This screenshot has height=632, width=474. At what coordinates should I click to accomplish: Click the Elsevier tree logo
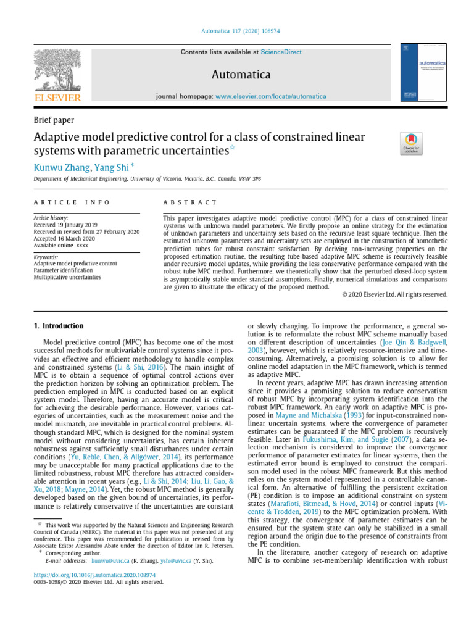pyautogui.click(x=57, y=71)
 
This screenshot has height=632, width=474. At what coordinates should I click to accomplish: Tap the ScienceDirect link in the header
pyautogui.click(x=281, y=52)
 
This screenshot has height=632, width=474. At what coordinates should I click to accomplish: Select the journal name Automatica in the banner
pyautogui.click(x=241, y=75)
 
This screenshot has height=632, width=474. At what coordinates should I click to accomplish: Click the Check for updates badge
pyautogui.click(x=412, y=143)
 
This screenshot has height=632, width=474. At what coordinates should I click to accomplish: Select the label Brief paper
pyautogui.click(x=55, y=119)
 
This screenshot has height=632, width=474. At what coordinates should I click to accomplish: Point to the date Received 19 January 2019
pyautogui.click(x=69, y=225)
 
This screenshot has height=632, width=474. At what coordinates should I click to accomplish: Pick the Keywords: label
pyautogui.click(x=46, y=257)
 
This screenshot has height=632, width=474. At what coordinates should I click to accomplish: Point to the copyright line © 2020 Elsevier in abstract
pyautogui.click(x=394, y=294)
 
